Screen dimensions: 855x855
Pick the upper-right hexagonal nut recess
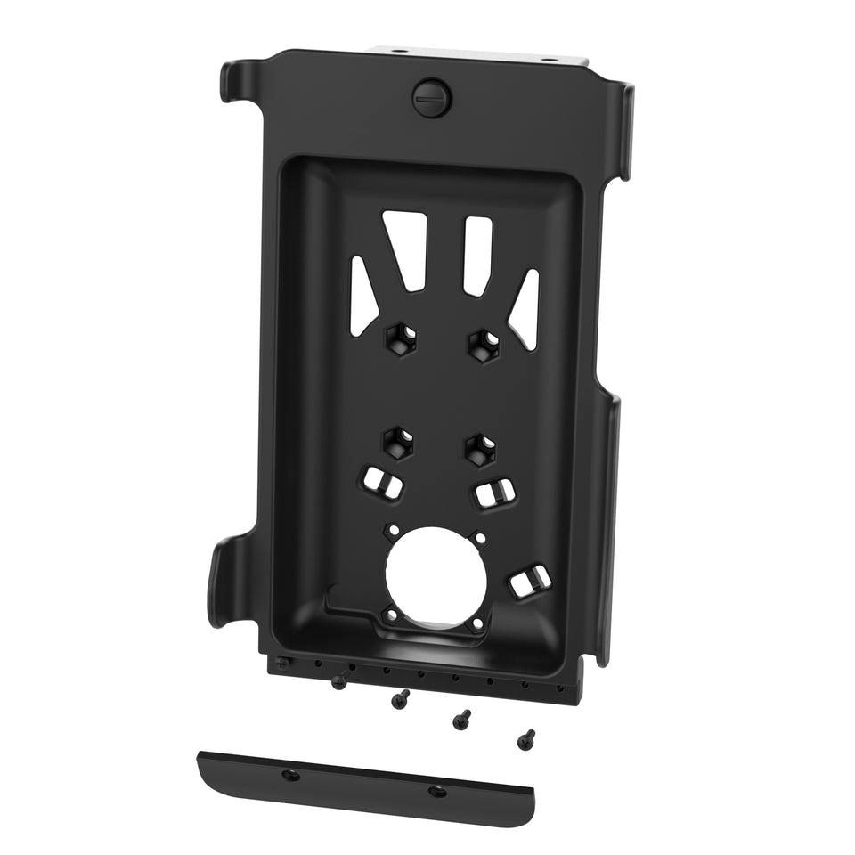(482, 342)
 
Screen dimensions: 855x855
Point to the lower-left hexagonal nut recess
(399, 441)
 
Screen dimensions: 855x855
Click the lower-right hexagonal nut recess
(480, 447)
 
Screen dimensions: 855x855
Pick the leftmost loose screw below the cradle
(338, 682)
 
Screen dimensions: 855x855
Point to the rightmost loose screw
(527, 738)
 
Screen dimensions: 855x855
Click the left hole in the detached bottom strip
(289, 775)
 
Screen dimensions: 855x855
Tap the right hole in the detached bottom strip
(436, 791)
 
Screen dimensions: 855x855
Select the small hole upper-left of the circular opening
(390, 531)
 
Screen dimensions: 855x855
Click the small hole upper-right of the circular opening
(480, 538)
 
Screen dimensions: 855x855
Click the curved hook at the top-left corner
(233, 81)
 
